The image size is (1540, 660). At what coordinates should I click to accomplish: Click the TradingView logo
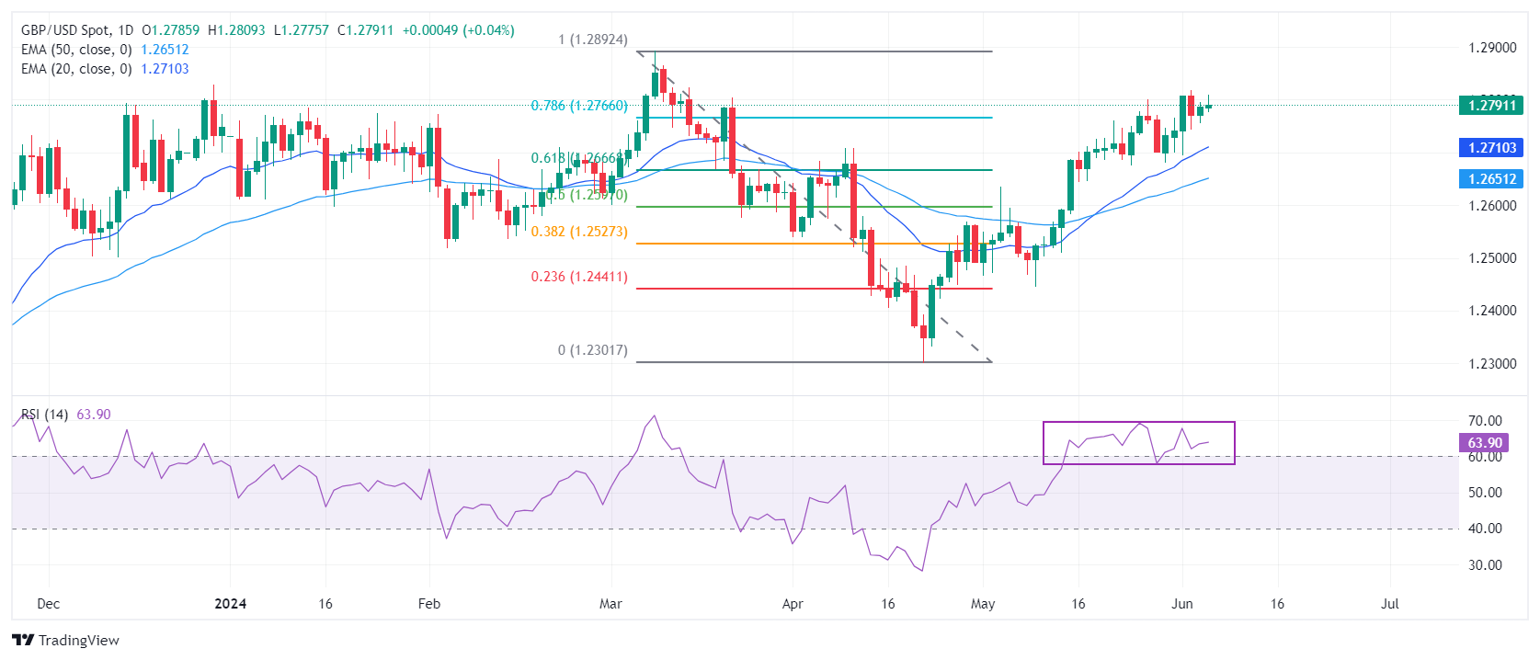click(x=65, y=640)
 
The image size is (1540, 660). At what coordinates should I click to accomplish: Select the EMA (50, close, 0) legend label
click(x=76, y=50)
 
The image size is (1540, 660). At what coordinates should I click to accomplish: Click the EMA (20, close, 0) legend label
click(x=76, y=69)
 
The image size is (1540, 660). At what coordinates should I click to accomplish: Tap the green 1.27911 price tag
click(x=1490, y=106)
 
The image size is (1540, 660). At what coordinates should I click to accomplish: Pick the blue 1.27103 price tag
click(x=1490, y=148)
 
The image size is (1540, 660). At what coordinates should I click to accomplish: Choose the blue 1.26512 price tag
click(x=1490, y=179)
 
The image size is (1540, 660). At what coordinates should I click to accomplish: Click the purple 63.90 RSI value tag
click(x=1484, y=443)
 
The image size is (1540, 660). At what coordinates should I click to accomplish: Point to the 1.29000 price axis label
click(x=1491, y=48)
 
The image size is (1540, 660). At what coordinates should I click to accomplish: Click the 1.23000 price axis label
click(x=1491, y=364)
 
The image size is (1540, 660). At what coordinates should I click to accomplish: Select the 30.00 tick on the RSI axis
click(x=1485, y=565)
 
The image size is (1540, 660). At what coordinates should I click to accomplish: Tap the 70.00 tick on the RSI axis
click(x=1485, y=421)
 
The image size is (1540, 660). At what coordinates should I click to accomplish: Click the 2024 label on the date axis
click(x=230, y=604)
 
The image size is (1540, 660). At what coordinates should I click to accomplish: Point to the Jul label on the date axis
click(x=1390, y=604)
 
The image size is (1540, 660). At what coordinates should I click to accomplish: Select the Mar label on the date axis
click(x=610, y=604)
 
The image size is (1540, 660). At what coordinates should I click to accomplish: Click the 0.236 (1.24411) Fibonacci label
click(x=579, y=277)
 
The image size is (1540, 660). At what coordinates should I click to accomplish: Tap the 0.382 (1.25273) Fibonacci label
click(x=579, y=232)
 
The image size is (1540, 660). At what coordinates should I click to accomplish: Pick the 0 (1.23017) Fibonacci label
click(x=593, y=350)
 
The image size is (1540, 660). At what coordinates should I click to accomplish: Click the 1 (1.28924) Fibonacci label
click(x=593, y=40)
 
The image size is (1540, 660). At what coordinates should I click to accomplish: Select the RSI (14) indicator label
click(x=45, y=415)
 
